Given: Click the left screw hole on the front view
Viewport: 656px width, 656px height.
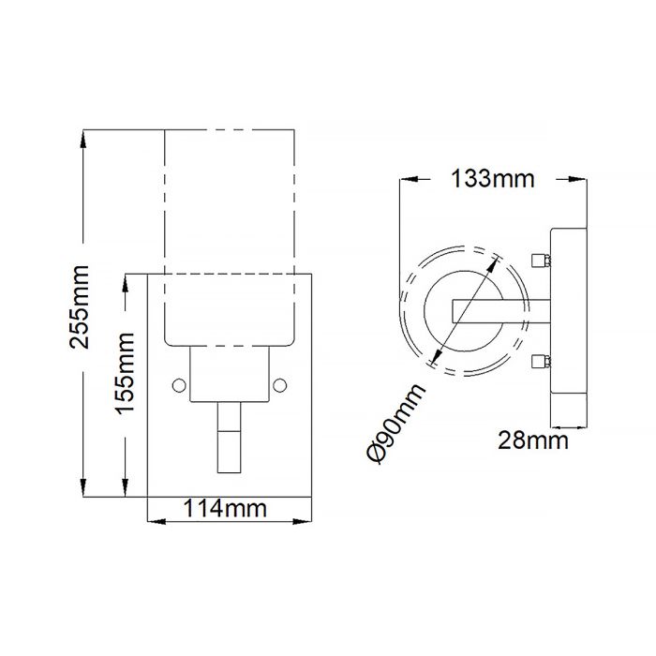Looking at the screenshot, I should [180, 382].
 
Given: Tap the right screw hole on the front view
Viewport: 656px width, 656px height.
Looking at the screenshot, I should [279, 382].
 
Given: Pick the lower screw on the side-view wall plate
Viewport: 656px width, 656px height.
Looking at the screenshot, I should [538, 361].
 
